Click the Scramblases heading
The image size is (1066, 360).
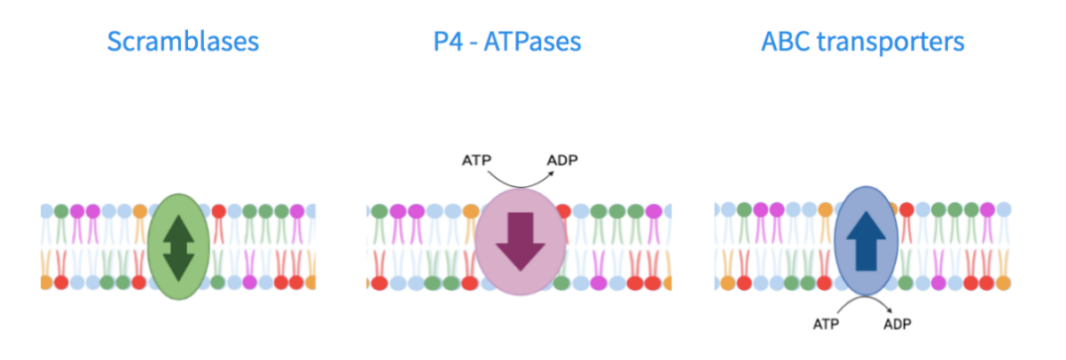[x=183, y=42]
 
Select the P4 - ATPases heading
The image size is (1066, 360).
[x=507, y=42]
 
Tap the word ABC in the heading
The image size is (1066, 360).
[x=785, y=42]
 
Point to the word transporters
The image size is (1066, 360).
[x=890, y=42]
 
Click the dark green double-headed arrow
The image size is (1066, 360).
[x=178, y=246]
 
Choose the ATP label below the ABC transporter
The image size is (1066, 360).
[x=826, y=324]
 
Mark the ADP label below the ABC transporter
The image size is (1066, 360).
[x=897, y=324]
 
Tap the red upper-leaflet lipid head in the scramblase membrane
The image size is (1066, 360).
[x=218, y=211]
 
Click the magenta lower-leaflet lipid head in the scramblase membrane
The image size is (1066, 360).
[x=251, y=282]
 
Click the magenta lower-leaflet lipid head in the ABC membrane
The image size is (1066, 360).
[x=947, y=282]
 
